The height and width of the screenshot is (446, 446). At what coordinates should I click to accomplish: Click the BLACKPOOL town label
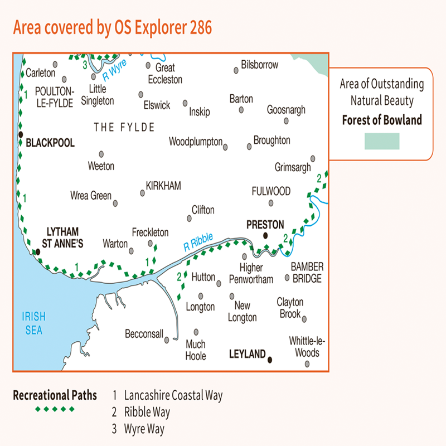pos(50,143)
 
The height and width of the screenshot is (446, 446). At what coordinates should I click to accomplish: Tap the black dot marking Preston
pos(266,235)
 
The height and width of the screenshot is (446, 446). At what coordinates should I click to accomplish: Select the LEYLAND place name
pos(247,354)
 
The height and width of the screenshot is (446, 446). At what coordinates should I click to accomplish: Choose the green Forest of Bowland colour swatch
pos(382,141)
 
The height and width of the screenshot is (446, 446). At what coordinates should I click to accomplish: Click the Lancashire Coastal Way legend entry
pos(173,396)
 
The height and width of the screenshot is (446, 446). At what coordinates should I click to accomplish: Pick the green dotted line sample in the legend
pos(55,409)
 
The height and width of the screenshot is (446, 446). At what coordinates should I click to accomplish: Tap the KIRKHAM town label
pos(163,186)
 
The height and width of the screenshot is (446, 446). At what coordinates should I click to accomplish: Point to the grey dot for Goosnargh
pos(286,120)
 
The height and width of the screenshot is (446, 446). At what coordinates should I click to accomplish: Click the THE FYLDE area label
pos(124,128)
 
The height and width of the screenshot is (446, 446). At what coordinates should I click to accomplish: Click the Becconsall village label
pos(144,334)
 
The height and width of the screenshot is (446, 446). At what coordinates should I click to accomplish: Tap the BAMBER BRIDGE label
pos(307,273)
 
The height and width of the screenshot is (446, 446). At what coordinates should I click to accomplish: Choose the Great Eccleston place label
pos(165,74)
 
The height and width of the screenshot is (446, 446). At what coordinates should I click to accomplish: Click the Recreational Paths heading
pos(55,396)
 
